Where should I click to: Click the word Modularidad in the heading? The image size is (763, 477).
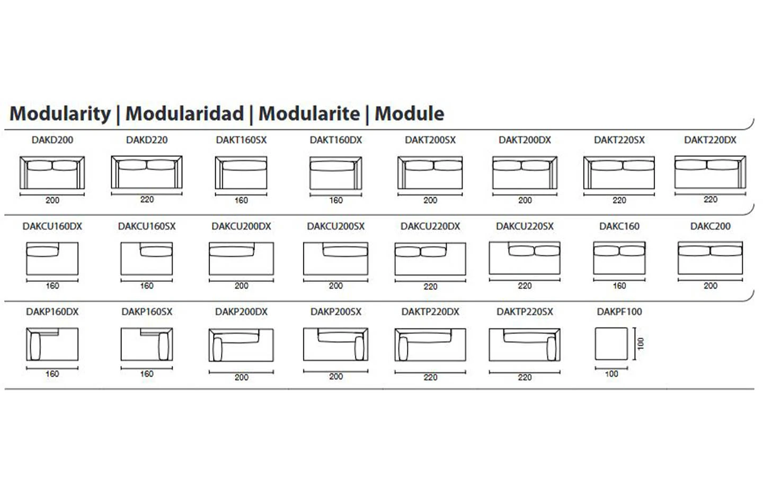click(184, 113)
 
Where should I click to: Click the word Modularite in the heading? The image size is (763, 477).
click(309, 113)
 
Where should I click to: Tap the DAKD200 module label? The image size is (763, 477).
click(52, 140)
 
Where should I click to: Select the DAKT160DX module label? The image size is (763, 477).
click(336, 140)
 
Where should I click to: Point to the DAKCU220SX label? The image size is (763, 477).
click(525, 226)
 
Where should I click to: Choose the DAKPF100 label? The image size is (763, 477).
click(619, 312)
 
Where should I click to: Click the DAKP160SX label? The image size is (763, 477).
click(147, 312)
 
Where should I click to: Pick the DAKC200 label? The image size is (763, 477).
click(710, 226)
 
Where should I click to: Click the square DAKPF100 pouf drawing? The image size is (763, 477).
click(611, 344)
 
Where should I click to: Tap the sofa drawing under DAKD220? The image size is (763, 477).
click(147, 172)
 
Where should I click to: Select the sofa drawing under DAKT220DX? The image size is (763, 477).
click(710, 172)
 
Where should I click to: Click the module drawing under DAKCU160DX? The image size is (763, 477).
click(52, 259)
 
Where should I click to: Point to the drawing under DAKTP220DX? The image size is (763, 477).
click(430, 344)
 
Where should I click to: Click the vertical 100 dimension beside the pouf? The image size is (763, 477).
click(641, 344)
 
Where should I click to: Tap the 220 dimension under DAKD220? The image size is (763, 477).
click(147, 199)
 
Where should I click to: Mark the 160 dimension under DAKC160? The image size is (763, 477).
click(619, 286)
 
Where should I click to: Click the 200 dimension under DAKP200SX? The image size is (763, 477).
click(336, 376)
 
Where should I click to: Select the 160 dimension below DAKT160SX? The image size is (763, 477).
click(241, 200)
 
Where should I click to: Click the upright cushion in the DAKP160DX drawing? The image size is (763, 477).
click(35, 346)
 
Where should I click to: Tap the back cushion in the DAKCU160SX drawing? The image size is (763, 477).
click(156, 251)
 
